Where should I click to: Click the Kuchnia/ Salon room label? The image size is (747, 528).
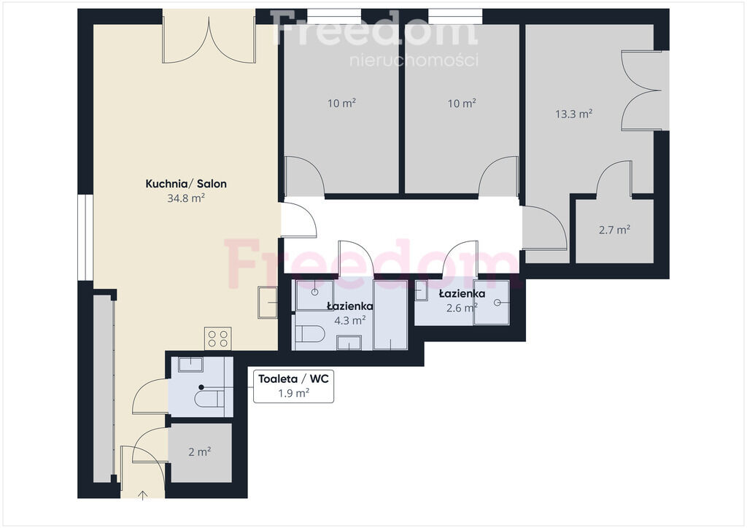point(186,184)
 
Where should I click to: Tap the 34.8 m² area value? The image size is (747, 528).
point(186,198)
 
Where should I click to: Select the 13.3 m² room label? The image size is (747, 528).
point(573,114)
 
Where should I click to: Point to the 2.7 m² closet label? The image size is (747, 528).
point(614,230)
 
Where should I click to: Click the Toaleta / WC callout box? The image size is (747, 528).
point(293,386)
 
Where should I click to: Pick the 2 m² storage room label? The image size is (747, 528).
point(200,451)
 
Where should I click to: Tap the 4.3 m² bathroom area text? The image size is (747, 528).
point(349,320)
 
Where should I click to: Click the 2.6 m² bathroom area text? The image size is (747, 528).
point(462,308)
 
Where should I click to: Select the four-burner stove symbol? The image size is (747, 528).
point(217,338)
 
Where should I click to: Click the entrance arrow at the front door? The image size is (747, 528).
point(142,494)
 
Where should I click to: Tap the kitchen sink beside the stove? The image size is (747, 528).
point(268,303)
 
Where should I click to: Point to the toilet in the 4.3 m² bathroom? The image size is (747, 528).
point(309,334)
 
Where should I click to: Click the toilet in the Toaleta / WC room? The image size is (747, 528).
point(209,398)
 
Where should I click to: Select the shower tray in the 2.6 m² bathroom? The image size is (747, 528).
point(491,303)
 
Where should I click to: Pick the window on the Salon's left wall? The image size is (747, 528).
point(86,237)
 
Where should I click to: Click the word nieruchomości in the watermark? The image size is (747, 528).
point(414,61)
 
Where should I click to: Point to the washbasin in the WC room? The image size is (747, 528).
point(190,364)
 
